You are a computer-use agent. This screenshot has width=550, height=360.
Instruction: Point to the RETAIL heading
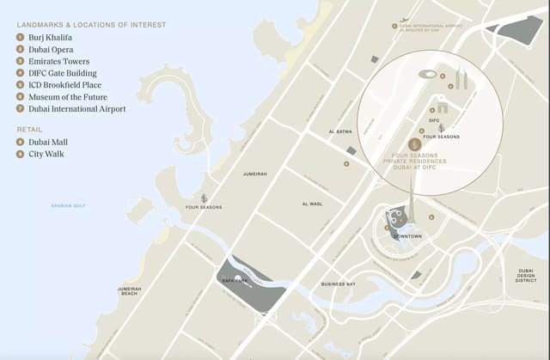point(29,129)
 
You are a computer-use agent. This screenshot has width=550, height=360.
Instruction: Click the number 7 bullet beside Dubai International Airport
point(20,109)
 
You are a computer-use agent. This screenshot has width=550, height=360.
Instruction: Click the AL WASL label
point(311,204)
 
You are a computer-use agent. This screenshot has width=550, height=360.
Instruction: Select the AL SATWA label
point(341,131)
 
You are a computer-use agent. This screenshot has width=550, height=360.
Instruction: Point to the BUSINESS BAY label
point(338,284)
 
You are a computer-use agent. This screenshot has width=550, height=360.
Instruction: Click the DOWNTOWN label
point(407,235)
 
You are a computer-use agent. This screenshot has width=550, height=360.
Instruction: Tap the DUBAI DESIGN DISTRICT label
point(526,275)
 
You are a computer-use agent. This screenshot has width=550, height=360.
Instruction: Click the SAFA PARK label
point(235,281)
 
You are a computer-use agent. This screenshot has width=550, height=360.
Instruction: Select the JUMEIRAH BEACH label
point(129,290)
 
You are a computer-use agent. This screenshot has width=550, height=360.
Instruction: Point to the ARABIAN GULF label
point(69,205)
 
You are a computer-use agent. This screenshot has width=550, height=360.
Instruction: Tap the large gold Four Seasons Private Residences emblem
point(413,144)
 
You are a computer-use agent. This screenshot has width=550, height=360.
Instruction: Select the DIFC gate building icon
point(442,108)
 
